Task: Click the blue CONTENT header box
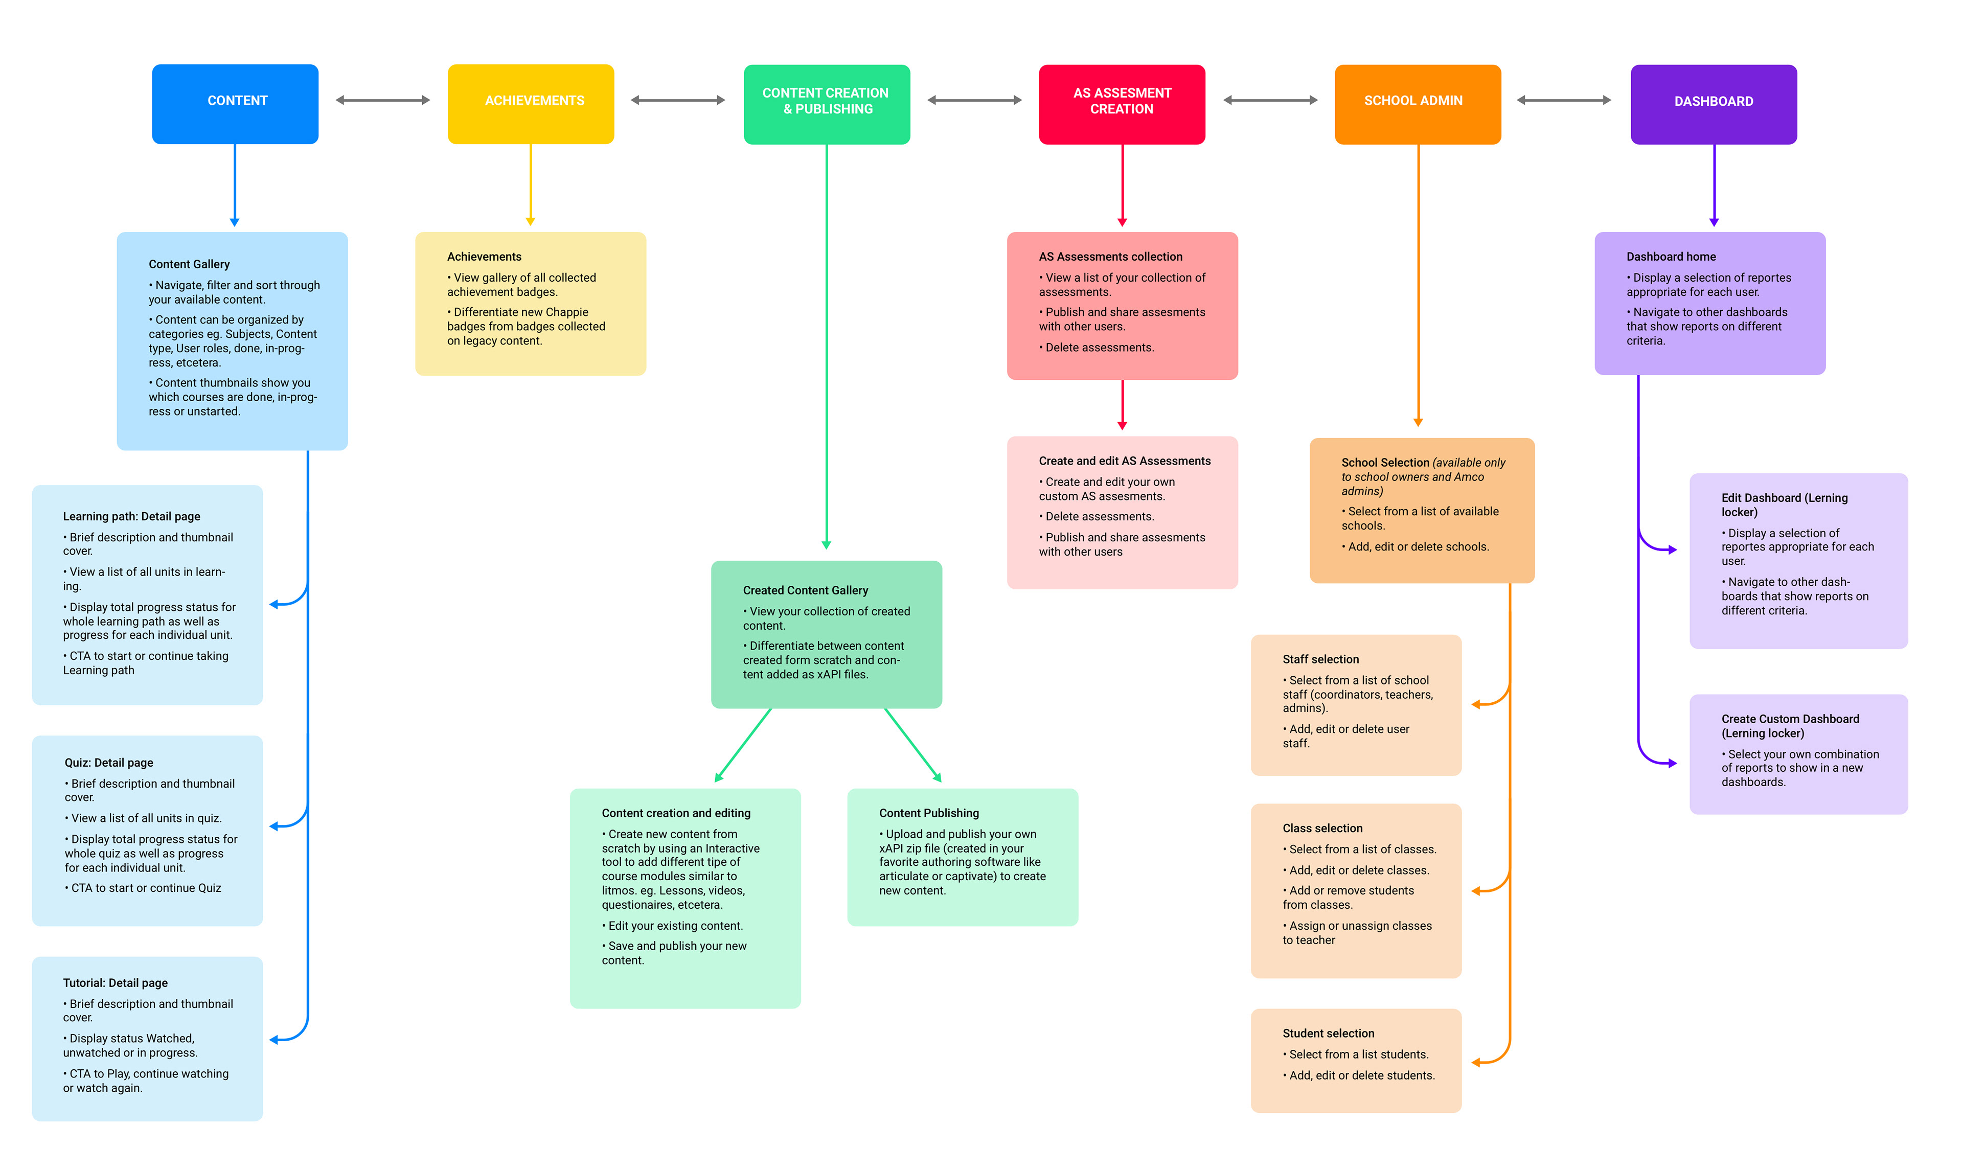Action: [235, 103]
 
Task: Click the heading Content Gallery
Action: [189, 264]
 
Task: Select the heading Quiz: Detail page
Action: [109, 763]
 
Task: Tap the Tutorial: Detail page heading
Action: [115, 983]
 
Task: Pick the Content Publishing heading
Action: [929, 814]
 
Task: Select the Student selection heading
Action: [1328, 1034]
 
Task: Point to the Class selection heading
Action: [1322, 829]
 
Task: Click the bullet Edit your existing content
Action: [675, 926]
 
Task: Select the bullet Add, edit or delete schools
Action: [1418, 547]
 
